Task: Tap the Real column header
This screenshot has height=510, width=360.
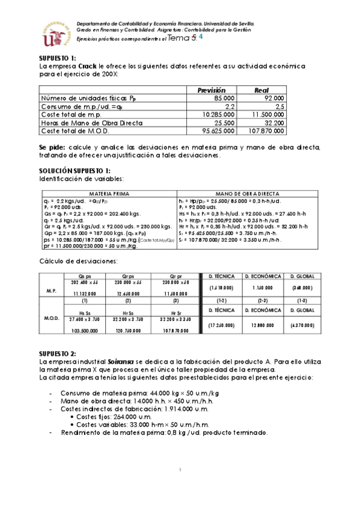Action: (261, 90)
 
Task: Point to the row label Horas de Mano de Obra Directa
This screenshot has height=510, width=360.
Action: (92, 123)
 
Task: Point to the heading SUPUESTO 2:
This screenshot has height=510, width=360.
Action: (56, 353)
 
